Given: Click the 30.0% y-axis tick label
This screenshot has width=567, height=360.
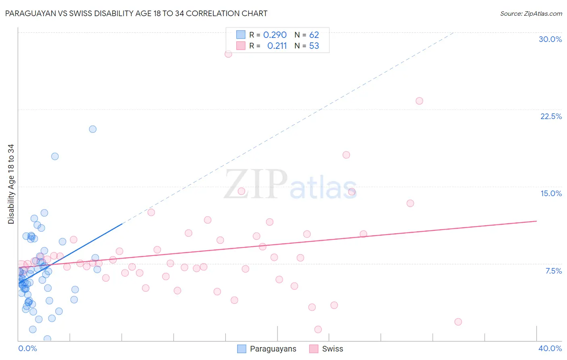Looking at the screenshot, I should tap(550, 39).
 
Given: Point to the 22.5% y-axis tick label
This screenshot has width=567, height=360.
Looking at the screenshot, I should tap(551, 116).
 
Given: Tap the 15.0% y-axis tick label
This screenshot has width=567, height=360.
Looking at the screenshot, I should tap(551, 193).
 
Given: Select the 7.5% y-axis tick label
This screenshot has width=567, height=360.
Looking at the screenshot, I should tap(553, 271).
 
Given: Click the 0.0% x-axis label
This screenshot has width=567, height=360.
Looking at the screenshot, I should tap(27, 348).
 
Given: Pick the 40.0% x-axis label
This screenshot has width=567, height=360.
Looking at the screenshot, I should tap(550, 348).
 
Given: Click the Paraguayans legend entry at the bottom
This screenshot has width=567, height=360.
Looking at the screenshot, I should tap(273, 349).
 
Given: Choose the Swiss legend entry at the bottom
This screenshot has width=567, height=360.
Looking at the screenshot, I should tap(332, 349).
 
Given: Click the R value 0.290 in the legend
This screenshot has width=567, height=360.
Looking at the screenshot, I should tap(275, 35).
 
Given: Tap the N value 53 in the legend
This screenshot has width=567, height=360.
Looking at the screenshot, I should tap(314, 46).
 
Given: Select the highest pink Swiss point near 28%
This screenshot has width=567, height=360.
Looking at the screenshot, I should tap(228, 54).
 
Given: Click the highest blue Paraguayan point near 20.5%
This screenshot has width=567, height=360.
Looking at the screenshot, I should tap(93, 129).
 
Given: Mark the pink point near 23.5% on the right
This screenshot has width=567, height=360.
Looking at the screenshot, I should tap(419, 101).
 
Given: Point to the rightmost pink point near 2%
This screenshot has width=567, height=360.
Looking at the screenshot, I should tap(458, 322).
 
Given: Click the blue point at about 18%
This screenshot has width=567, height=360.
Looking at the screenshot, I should tap(55, 156).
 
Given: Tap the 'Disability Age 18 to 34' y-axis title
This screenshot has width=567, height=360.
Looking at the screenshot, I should tap(11, 184).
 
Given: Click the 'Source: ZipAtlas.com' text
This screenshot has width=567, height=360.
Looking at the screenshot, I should tap(531, 14).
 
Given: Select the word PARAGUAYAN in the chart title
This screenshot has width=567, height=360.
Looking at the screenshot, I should tap(28, 14).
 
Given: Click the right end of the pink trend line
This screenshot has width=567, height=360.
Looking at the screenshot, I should tap(536, 221).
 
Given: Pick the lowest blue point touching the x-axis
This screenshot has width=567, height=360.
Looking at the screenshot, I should tap(47, 339).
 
